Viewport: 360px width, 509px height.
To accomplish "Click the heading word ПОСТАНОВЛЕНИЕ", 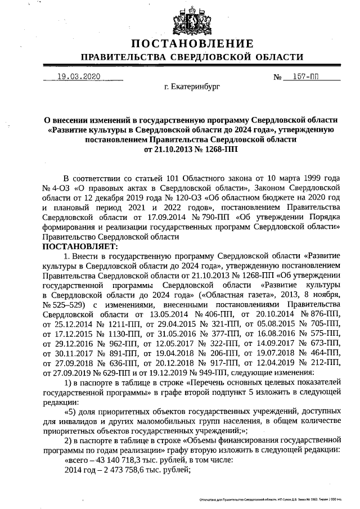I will click(x=192, y=44).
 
